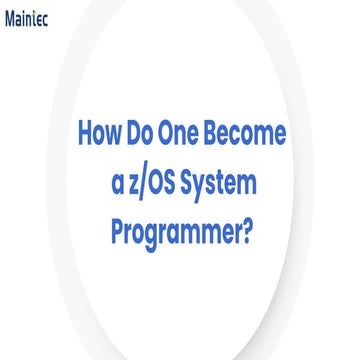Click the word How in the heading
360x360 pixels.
[x=98, y=134]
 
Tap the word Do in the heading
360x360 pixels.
[x=150, y=134]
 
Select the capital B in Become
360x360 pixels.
[x=227, y=134]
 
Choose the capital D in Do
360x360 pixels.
[x=142, y=134]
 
